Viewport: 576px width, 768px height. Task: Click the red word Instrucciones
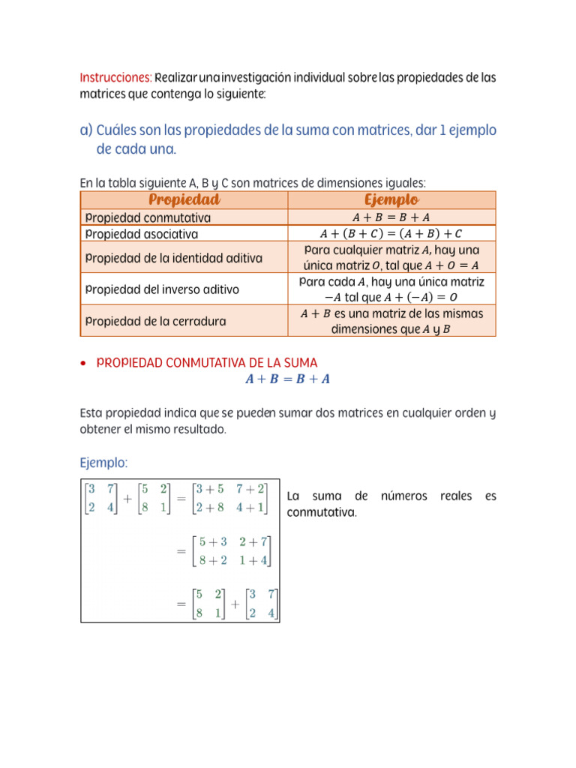click(115, 78)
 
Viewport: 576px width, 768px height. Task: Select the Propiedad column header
click(184, 199)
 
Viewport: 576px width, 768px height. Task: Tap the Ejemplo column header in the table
click(391, 199)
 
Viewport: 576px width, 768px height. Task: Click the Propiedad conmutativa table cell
click(148, 217)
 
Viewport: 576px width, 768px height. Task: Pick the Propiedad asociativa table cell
click(142, 234)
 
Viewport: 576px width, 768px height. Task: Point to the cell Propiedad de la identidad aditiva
click(173, 258)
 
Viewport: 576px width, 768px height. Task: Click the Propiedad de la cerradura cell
click(155, 321)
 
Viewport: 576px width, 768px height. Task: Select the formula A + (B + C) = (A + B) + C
click(391, 234)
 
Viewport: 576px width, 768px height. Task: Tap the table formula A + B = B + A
click(391, 217)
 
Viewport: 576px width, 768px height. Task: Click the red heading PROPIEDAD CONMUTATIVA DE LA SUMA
click(208, 363)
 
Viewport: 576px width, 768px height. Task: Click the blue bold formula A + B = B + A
click(288, 379)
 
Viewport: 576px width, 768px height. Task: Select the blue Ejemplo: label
click(106, 461)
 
